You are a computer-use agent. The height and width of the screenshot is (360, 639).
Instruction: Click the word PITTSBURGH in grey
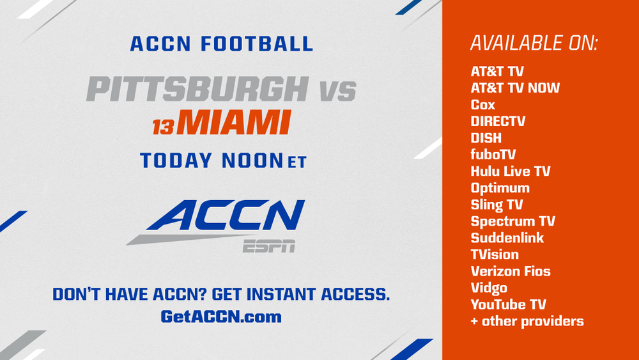[197, 89]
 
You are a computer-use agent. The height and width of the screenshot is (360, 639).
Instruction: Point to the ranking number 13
[164, 127]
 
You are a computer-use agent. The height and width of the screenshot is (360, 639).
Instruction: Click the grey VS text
[338, 91]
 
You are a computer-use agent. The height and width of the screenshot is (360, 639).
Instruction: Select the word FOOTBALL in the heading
[257, 44]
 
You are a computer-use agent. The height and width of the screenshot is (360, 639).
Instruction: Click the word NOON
[252, 160]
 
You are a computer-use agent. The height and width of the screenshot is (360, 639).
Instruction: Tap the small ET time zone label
[296, 162]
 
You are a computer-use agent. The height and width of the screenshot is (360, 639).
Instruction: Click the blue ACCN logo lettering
[226, 215]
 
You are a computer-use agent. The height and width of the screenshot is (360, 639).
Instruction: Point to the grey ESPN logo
[269, 246]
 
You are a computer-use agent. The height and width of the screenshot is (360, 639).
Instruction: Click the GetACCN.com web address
[221, 317]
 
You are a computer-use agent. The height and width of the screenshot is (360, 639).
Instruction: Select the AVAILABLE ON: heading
[534, 43]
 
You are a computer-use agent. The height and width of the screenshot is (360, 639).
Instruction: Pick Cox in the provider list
[483, 105]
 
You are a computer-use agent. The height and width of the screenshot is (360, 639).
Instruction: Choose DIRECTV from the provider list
[498, 121]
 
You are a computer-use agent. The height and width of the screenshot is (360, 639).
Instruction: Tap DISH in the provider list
[486, 138]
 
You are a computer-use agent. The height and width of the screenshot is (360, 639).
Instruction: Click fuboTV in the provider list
[493, 155]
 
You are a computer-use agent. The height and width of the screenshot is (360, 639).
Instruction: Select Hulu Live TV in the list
[511, 171]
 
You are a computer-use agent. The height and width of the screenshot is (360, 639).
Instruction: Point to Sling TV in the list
[497, 205]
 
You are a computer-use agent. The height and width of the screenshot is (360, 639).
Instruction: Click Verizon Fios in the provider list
[511, 271]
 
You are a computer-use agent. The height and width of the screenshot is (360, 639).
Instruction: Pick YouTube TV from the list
[508, 304]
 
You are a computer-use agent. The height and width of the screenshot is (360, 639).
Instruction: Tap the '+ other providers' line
[527, 321]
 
